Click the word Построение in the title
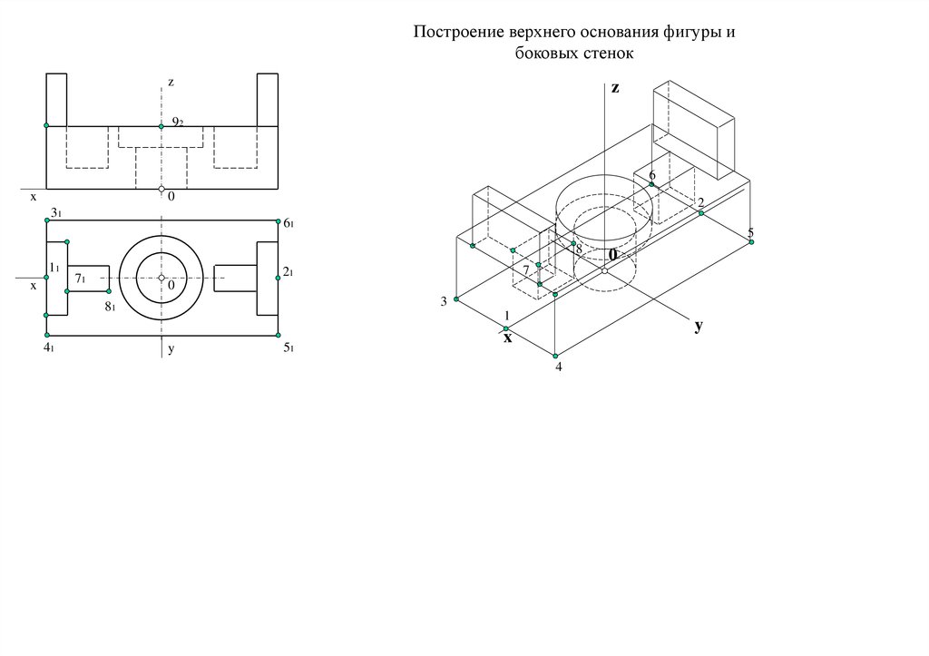458,32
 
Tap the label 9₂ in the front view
178,122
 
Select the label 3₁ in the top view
56,212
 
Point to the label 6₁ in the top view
288,223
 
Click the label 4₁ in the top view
49,348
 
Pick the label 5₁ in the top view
288,348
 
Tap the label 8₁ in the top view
110,307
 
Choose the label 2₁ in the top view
288,272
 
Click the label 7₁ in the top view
80,279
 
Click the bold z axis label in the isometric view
615,88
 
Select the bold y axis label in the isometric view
699,326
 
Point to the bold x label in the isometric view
508,338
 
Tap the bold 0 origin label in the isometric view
612,254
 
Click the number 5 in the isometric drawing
750,232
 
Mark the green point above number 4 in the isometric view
555,357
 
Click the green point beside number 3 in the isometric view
456,299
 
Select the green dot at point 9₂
161,126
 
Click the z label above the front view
171,83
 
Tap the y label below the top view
171,349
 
